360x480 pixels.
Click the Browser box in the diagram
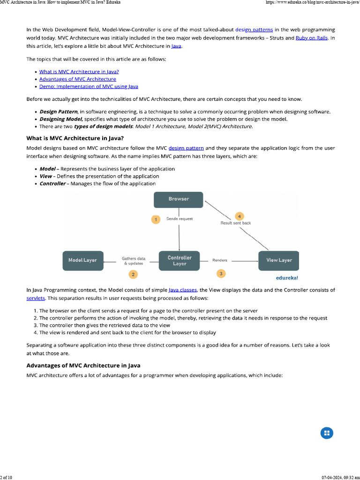(x=179, y=199)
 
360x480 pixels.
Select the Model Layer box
(x=82, y=260)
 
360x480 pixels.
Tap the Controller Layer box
(x=179, y=261)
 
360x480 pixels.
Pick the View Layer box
(x=279, y=260)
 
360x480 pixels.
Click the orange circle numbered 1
(x=156, y=219)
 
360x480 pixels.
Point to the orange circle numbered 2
(x=133, y=274)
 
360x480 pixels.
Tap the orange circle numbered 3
(x=221, y=273)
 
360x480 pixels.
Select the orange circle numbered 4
(x=240, y=216)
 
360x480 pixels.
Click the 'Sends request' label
(x=180, y=219)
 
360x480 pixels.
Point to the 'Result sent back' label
(x=235, y=223)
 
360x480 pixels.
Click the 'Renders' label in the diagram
(x=220, y=260)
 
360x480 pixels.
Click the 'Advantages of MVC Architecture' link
(x=77, y=79)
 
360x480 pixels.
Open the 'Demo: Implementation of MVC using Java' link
(x=89, y=87)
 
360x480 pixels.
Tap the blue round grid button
(x=327, y=433)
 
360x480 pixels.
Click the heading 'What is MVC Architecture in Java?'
(x=75, y=138)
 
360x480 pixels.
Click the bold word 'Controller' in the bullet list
(x=52, y=184)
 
